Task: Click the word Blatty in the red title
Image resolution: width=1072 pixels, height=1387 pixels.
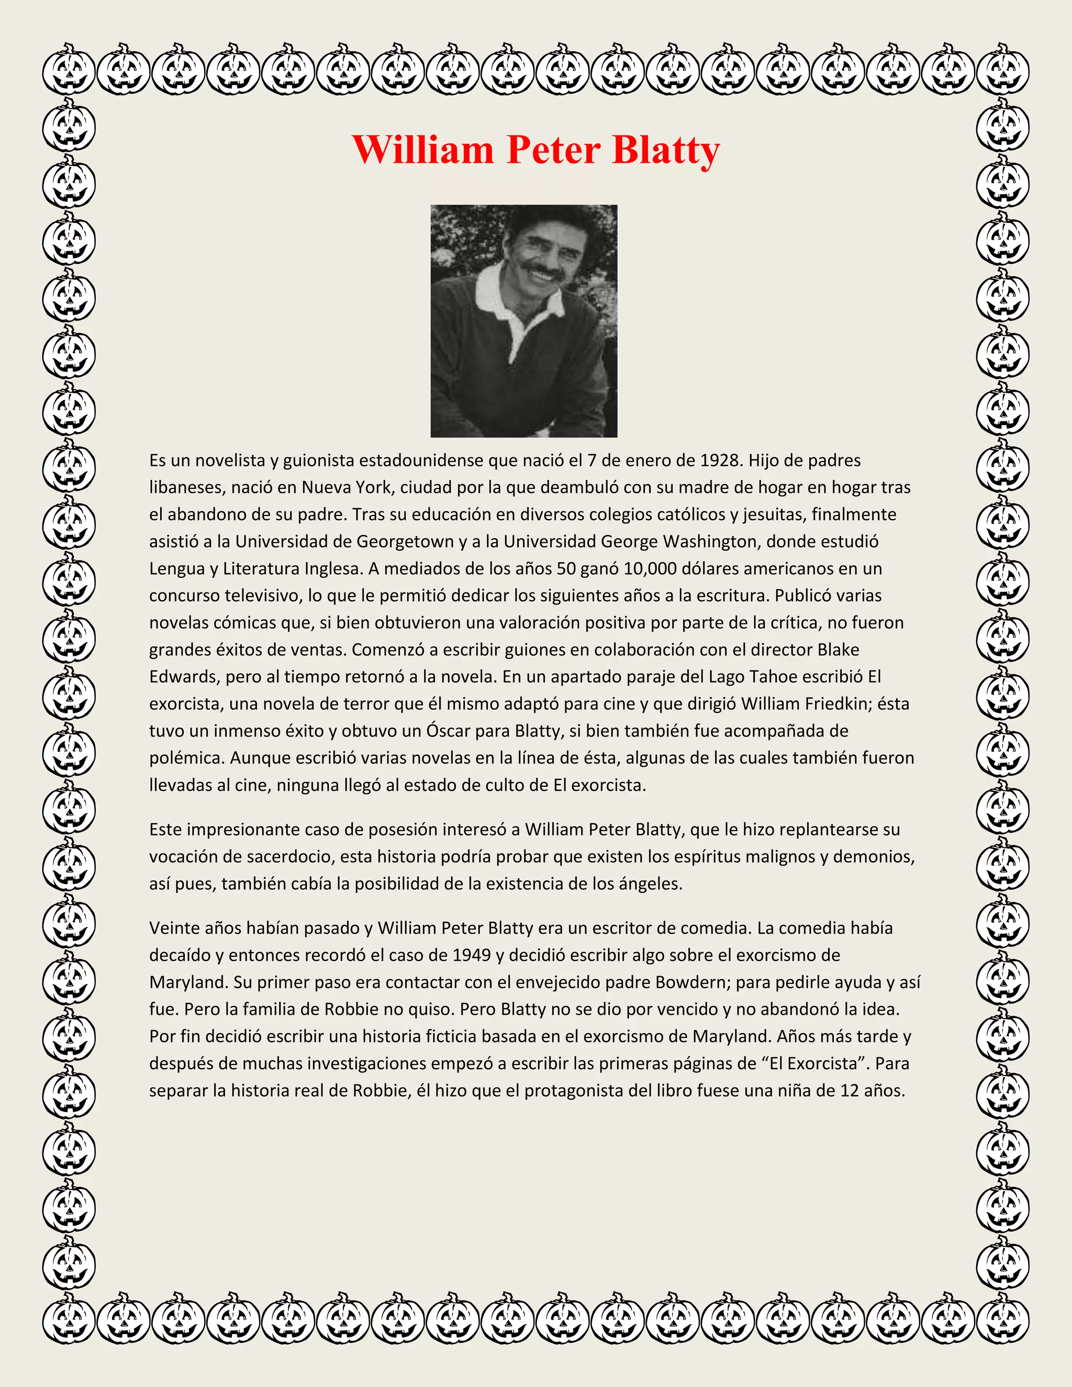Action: (x=666, y=151)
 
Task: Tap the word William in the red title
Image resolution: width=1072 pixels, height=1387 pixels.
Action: (x=423, y=151)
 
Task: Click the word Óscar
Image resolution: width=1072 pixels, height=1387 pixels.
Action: (x=450, y=731)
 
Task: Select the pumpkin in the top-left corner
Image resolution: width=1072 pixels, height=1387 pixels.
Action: (x=69, y=69)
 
